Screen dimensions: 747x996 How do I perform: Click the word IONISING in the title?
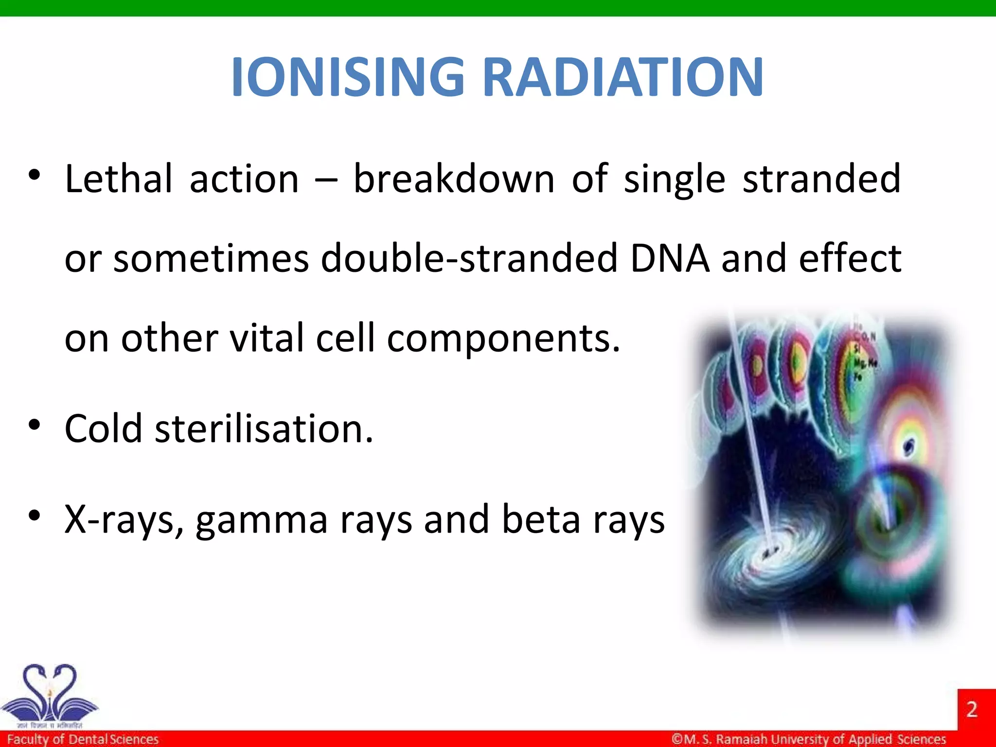point(348,77)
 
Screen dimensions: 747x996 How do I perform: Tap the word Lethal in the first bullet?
point(118,179)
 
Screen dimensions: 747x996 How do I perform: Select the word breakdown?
point(453,179)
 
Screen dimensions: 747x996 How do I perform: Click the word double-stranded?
point(469,258)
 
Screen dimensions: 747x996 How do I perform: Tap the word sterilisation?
point(264,428)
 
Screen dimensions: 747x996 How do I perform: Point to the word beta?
point(541,519)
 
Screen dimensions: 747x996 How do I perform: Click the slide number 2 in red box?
point(972,710)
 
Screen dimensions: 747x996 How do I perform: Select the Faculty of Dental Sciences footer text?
point(83,739)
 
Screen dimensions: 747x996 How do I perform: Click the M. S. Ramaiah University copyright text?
point(809,739)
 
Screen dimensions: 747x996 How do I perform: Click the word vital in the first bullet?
point(267,338)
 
